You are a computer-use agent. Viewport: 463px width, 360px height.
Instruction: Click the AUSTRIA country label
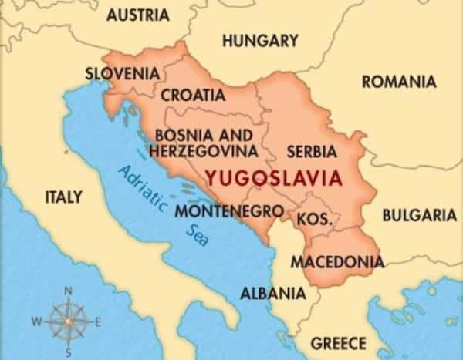pyautogui.click(x=138, y=15)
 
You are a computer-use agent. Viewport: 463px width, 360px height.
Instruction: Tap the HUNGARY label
pyautogui.click(x=260, y=40)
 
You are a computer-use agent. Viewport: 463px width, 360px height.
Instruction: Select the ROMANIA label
pyautogui.click(x=398, y=81)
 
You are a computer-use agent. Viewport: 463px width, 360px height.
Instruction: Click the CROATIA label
pyautogui.click(x=193, y=96)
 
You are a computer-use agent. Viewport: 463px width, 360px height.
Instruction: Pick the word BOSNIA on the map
pyautogui.click(x=181, y=135)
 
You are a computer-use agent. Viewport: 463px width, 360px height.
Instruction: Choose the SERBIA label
pyautogui.click(x=312, y=151)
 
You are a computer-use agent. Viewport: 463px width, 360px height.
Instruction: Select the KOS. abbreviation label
pyautogui.click(x=314, y=218)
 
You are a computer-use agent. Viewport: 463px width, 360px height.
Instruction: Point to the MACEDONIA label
pyautogui.click(x=336, y=261)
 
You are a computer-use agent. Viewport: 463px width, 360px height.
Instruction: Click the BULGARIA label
pyautogui.click(x=419, y=215)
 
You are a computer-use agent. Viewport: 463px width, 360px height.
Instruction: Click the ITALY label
pyautogui.click(x=63, y=197)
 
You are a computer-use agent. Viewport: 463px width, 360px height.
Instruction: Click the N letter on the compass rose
pyautogui.click(x=68, y=291)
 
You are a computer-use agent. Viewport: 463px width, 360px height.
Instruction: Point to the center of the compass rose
pyautogui.click(x=68, y=319)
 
